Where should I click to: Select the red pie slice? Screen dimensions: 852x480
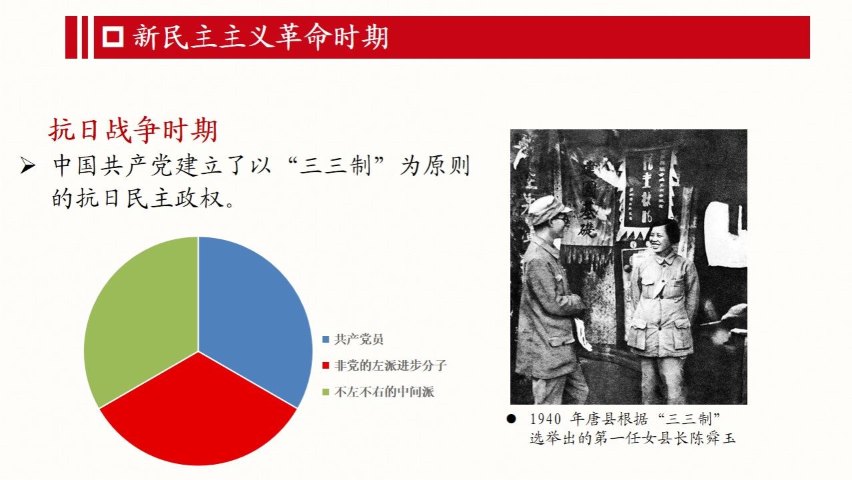pyautogui.click(x=198, y=415)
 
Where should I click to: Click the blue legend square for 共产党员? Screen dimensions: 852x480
pyautogui.click(x=325, y=339)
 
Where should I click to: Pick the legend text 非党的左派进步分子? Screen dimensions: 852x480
pyautogui.click(x=390, y=365)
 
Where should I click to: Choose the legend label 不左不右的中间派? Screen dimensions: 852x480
pyautogui.click(x=384, y=392)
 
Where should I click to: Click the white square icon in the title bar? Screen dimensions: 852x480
pyautogui.click(x=113, y=37)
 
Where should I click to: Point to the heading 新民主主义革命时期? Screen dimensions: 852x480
pyautogui.click(x=261, y=37)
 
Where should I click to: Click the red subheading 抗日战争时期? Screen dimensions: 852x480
pyautogui.click(x=133, y=130)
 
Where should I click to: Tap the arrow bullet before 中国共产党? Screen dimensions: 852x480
pyautogui.click(x=28, y=166)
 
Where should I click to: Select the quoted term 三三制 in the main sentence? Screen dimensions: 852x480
pyautogui.click(x=335, y=166)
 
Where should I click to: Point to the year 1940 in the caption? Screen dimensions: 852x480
pyautogui.click(x=545, y=419)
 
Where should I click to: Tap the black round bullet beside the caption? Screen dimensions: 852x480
pyautogui.click(x=511, y=419)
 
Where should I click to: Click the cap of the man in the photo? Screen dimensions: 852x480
pyautogui.click(x=549, y=209)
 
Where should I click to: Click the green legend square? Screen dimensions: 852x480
pyautogui.click(x=325, y=392)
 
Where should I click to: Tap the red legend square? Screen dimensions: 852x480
pyautogui.click(x=325, y=365)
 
